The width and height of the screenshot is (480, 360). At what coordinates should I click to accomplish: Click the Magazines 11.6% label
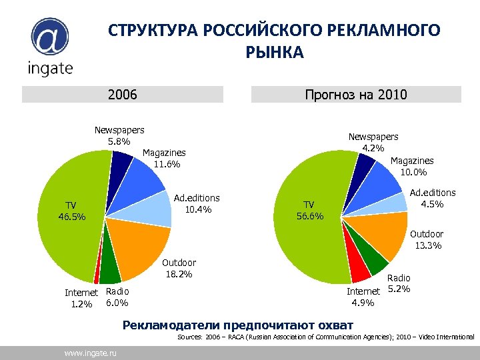tap(164, 159)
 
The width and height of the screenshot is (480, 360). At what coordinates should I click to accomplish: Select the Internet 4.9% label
tap(363, 297)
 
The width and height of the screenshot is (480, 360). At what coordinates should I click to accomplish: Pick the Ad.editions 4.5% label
tap(432, 198)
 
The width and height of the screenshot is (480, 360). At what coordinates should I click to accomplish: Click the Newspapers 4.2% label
tap(373, 141)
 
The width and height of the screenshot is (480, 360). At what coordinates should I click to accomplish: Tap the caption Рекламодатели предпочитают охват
tap(238, 325)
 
